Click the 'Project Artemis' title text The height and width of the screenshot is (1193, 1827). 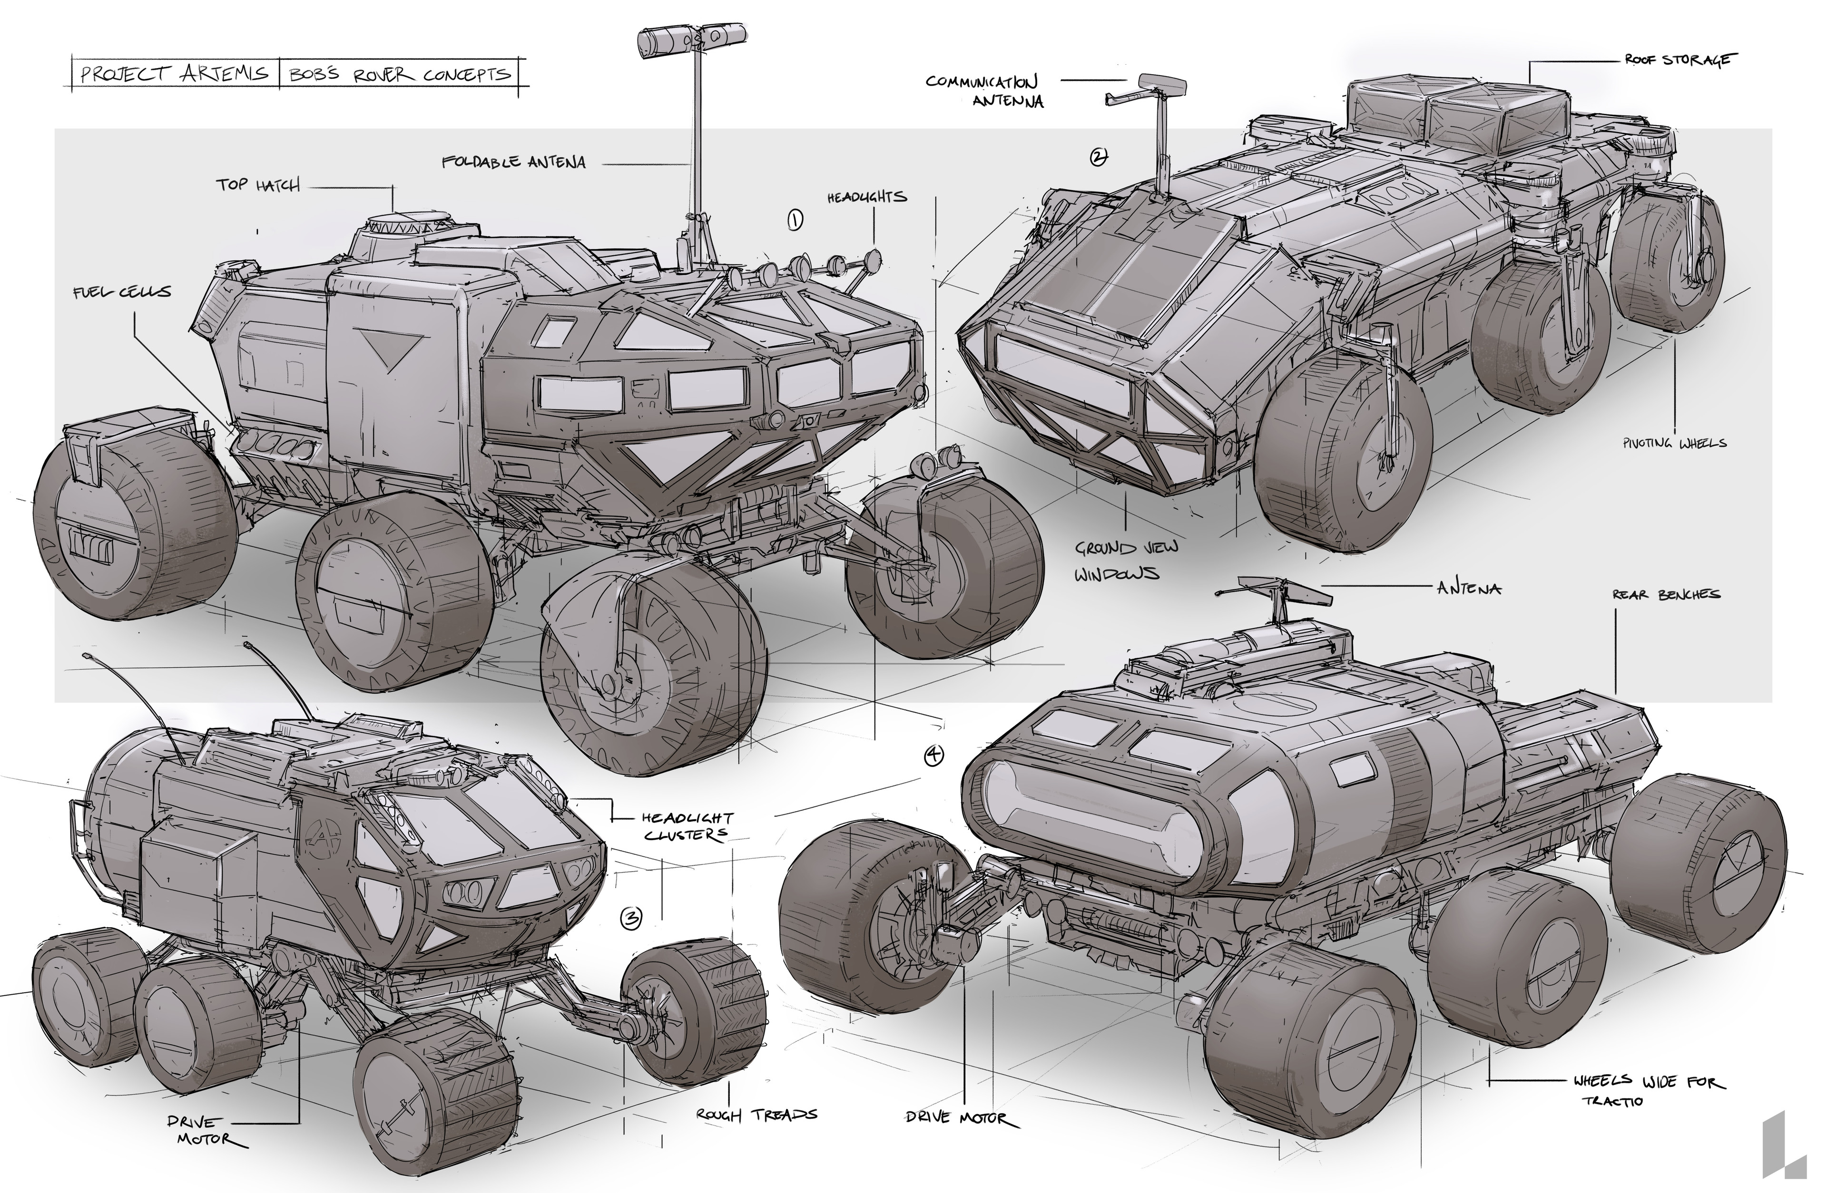[174, 74]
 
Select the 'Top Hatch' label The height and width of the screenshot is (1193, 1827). [257, 185]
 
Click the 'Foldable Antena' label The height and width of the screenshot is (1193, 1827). [513, 162]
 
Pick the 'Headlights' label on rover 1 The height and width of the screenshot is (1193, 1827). [867, 197]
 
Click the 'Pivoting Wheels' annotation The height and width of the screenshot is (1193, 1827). [1674, 443]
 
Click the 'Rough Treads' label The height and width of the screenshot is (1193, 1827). [756, 1115]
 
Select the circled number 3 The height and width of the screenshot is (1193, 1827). [630, 918]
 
